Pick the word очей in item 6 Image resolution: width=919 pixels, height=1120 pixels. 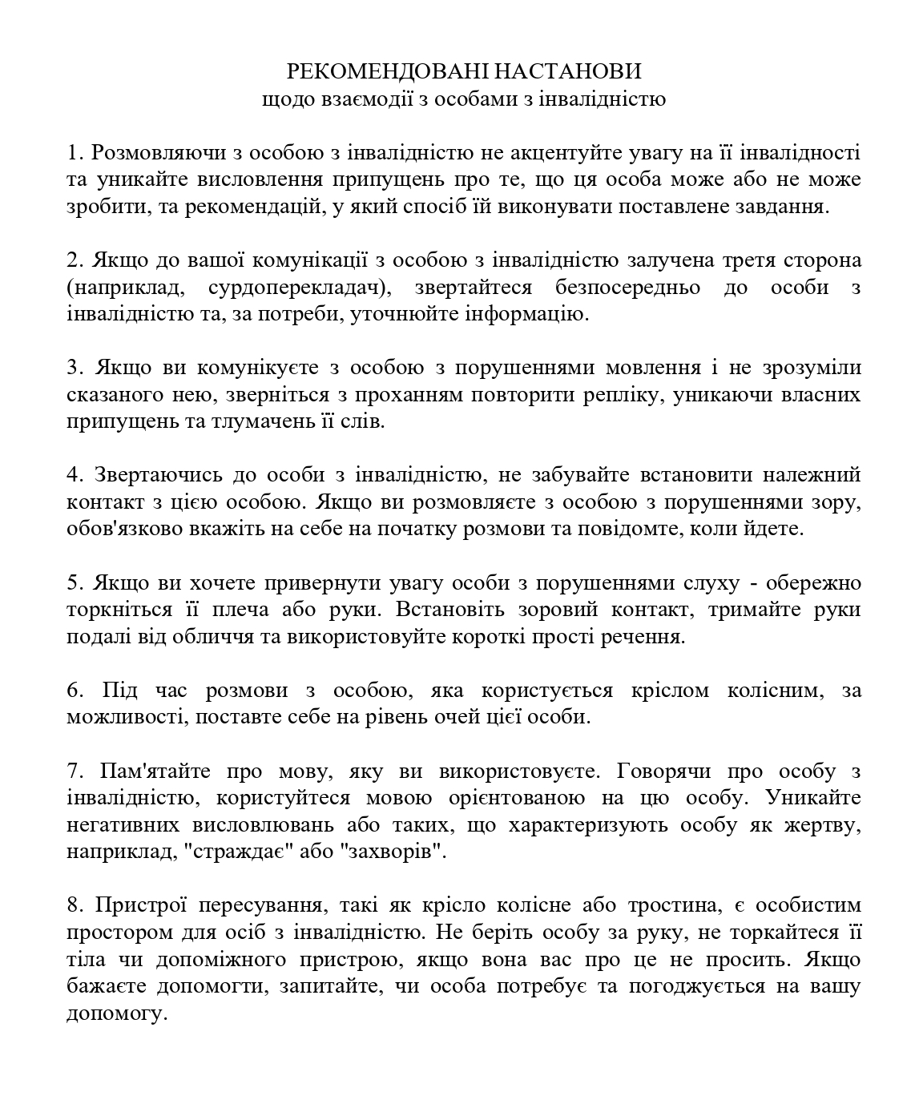[x=434, y=716]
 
